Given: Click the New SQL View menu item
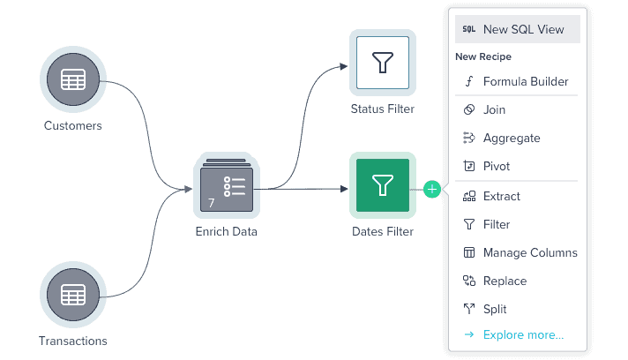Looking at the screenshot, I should (x=523, y=29).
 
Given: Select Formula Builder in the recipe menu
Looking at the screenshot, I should (x=526, y=82).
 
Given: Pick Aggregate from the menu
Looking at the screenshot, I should (x=512, y=139).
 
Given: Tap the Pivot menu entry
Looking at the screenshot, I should (x=497, y=167).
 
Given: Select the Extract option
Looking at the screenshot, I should (x=502, y=197).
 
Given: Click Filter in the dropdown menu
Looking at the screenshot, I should (x=497, y=225).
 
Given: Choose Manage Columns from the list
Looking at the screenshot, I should (x=530, y=253).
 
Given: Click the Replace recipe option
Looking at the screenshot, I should (x=505, y=281).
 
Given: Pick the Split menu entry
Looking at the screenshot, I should (x=495, y=310).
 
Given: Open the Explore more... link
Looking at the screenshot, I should (x=523, y=335).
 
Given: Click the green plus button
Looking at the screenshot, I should (x=431, y=189).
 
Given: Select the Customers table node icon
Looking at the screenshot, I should (x=73, y=81).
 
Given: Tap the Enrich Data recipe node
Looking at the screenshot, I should (x=227, y=188).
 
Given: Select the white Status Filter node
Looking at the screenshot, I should (x=382, y=63).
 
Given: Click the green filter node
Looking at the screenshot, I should (x=382, y=185).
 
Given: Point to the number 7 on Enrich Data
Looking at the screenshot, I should (x=212, y=203).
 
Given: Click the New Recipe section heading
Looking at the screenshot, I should (x=483, y=56).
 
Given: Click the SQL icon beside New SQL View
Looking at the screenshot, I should (x=469, y=29).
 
